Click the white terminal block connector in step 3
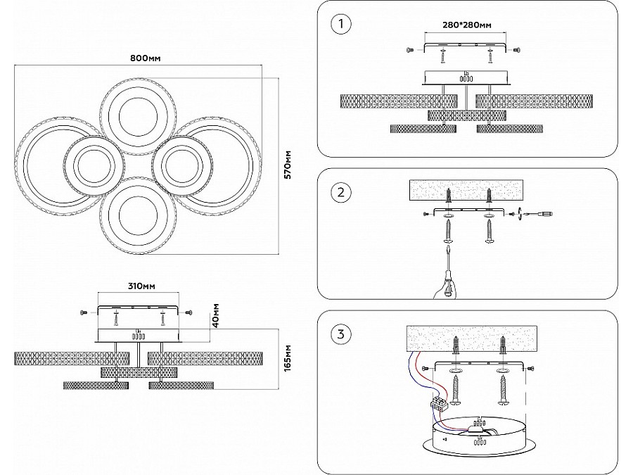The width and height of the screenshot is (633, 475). (439, 403)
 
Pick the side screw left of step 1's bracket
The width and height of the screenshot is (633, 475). (409, 50)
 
